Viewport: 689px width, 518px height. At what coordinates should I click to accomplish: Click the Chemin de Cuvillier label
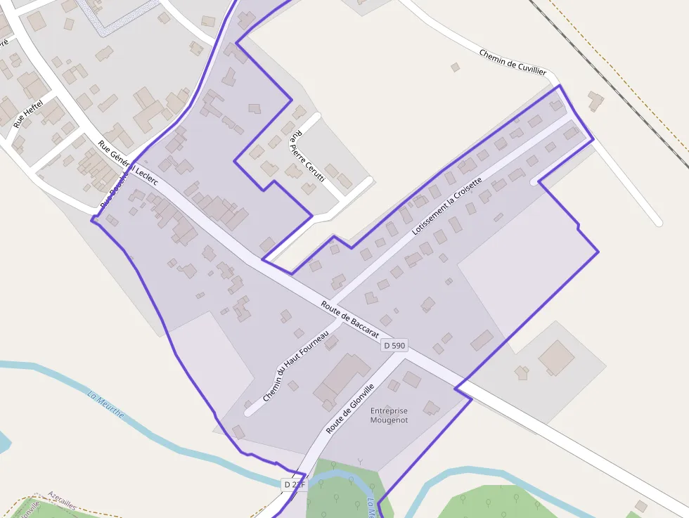(513, 62)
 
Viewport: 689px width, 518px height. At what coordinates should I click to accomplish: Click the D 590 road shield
(394, 345)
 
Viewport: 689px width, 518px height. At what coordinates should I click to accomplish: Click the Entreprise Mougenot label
(389, 415)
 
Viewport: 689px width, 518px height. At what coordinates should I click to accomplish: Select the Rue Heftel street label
(29, 114)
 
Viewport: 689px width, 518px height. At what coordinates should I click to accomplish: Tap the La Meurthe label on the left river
(105, 404)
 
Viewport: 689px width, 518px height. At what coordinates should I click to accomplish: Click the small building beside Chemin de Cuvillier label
(455, 67)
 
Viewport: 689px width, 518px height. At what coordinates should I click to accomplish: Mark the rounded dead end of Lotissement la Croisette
(535, 181)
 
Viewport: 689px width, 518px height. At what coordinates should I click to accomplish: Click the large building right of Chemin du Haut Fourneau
(341, 380)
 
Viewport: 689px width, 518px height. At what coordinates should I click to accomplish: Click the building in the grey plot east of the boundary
(556, 357)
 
